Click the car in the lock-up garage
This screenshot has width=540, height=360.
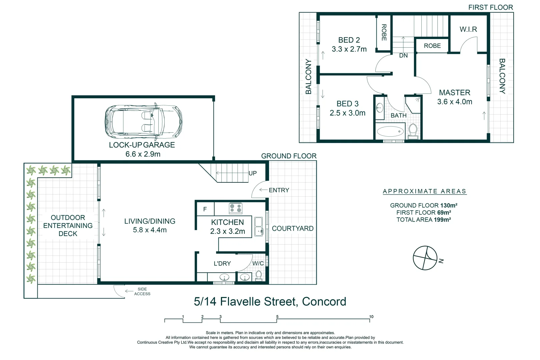(143, 122)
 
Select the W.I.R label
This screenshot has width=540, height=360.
(468, 29)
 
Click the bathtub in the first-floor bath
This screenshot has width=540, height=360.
(390, 131)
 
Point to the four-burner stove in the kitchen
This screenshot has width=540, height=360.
(236, 208)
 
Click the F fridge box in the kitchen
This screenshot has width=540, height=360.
(205, 209)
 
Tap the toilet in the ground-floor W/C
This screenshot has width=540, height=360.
(259, 276)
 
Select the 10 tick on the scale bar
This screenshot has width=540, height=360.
(371, 317)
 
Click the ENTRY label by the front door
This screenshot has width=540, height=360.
(279, 190)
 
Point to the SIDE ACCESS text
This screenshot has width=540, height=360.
(142, 292)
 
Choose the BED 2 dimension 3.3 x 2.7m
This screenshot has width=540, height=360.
(349, 49)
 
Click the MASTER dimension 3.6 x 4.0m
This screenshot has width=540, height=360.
(455, 102)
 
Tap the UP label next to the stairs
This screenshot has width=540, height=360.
(253, 173)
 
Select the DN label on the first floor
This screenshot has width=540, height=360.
(403, 56)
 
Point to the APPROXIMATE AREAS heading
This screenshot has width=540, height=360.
(425, 191)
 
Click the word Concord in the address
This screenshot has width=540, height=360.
(324, 302)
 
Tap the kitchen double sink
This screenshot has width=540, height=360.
(259, 226)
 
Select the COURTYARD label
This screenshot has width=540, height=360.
(293, 229)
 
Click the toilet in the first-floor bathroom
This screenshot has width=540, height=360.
(413, 131)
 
